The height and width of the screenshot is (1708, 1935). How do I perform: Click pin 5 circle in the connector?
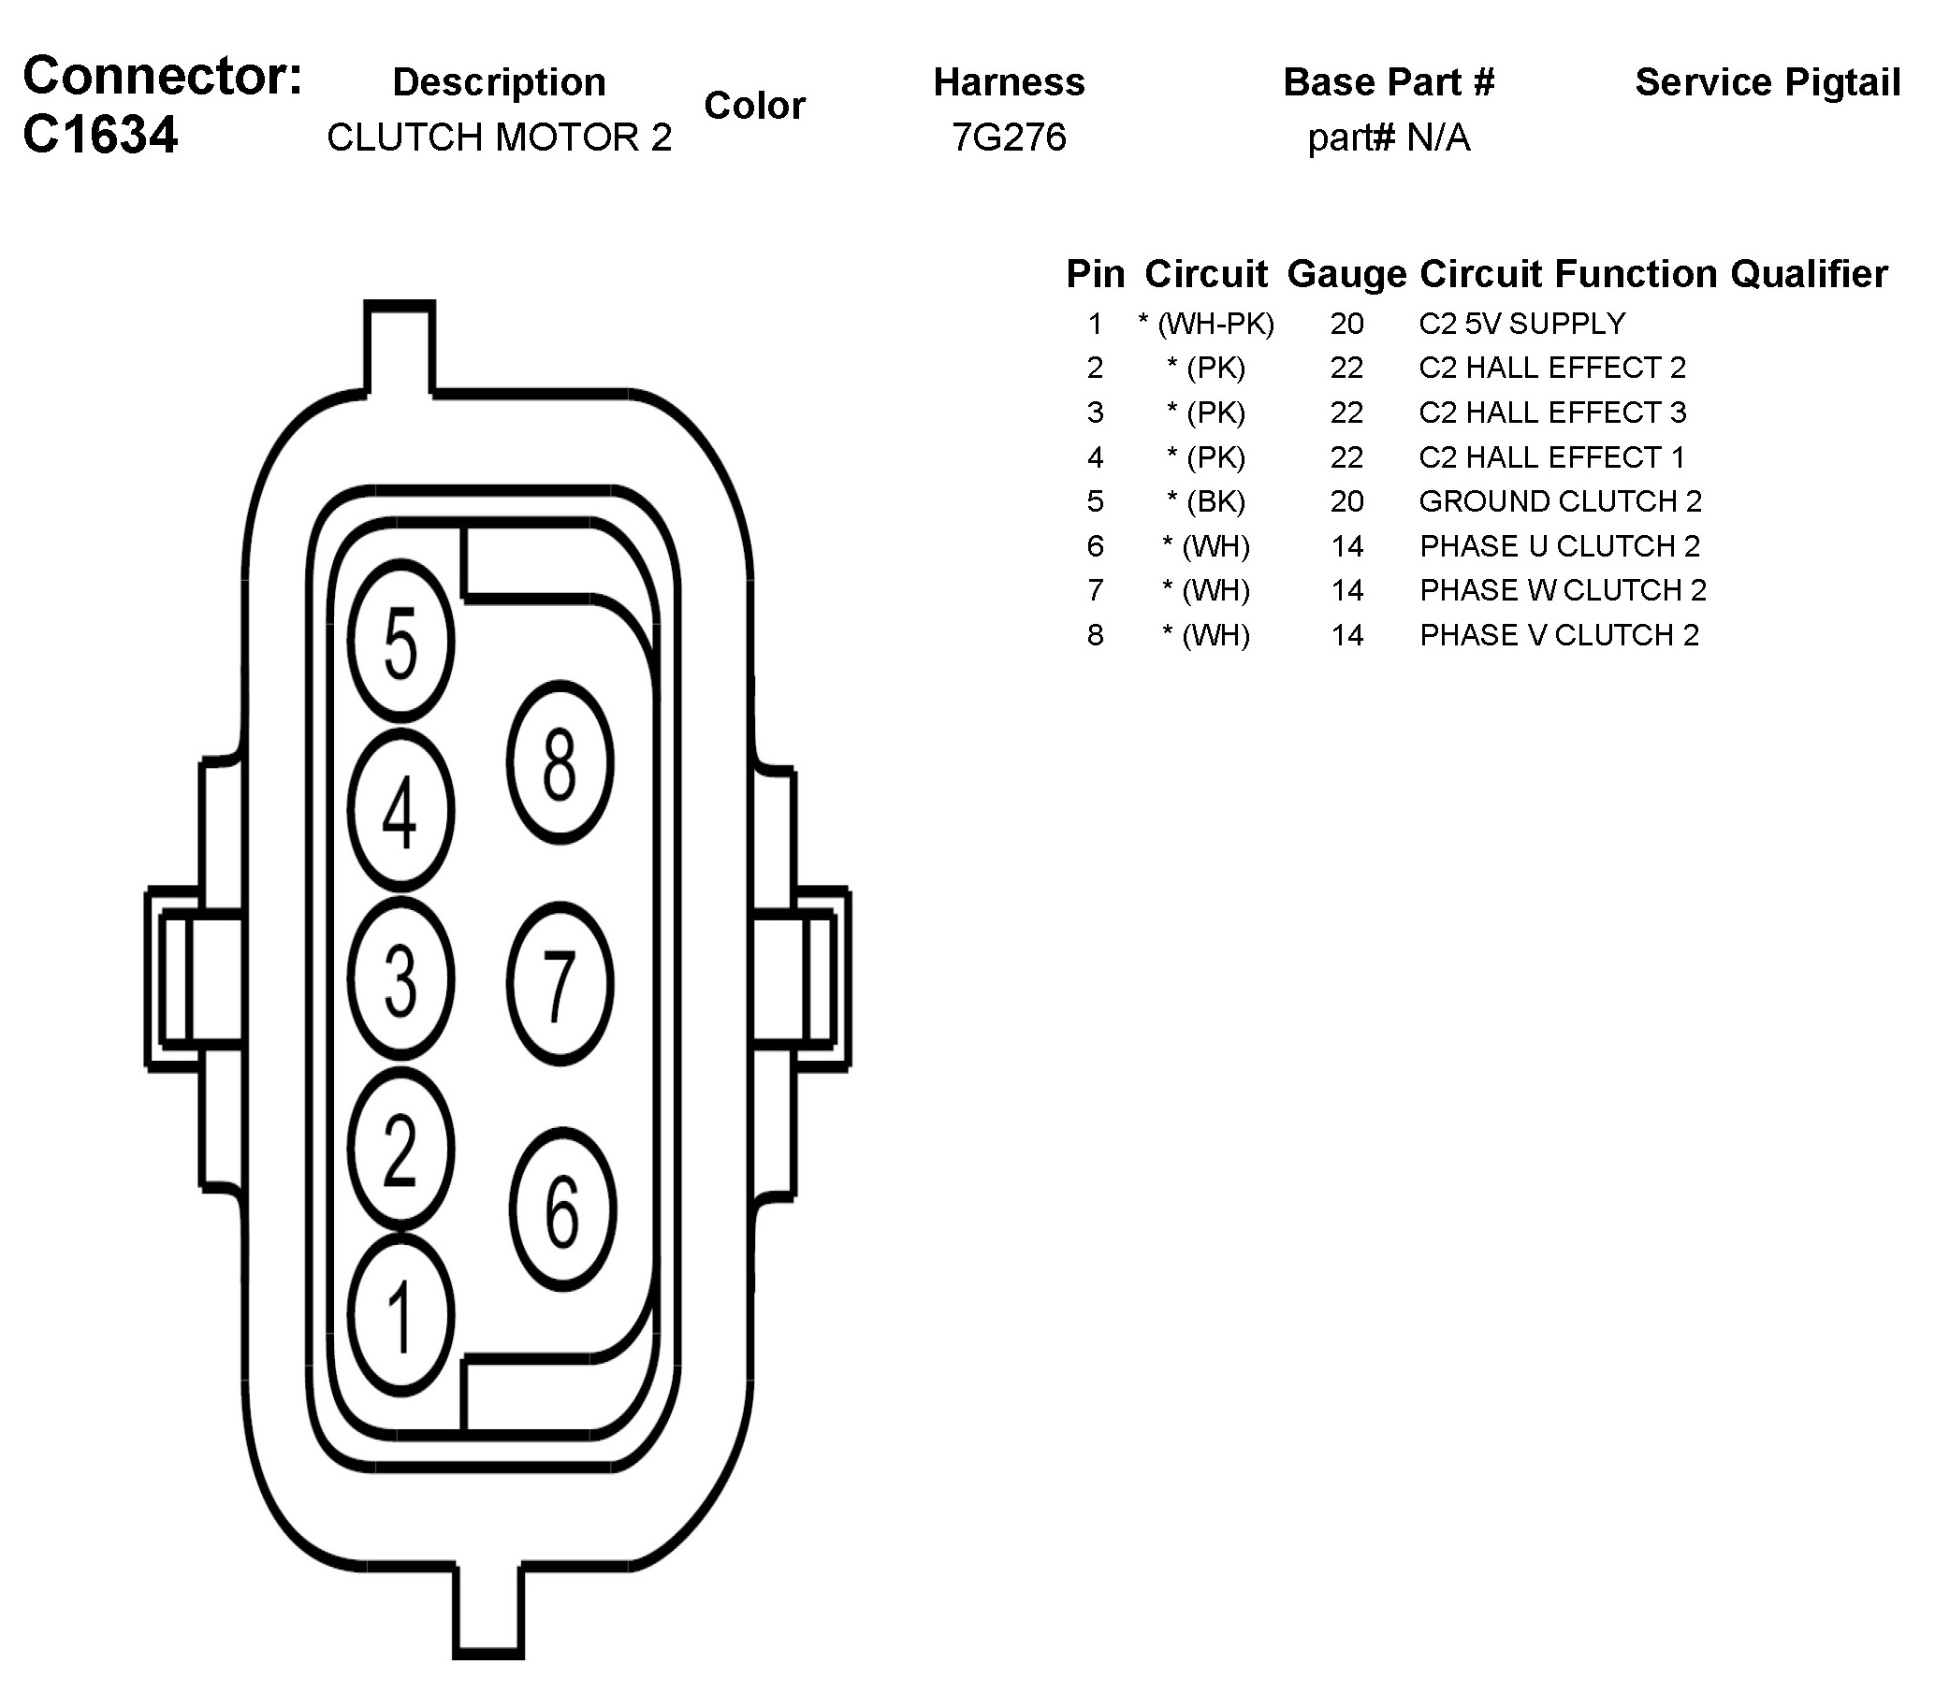[x=400, y=642]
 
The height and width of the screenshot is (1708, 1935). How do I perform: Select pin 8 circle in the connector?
[x=560, y=761]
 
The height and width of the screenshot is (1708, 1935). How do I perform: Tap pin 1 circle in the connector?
[x=400, y=1315]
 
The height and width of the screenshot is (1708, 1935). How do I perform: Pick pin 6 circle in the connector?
[x=562, y=1209]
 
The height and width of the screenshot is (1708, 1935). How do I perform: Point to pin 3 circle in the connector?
[x=400, y=978]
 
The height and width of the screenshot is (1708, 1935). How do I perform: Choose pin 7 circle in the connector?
[x=560, y=984]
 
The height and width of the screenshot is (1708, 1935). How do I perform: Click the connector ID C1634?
[x=100, y=135]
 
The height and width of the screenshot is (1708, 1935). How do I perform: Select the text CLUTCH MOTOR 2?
[x=499, y=138]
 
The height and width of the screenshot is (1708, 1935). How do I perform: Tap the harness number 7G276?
[x=1010, y=138]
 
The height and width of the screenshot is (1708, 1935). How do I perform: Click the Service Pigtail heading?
[x=1768, y=83]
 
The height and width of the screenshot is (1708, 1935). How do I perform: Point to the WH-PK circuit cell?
[x=1206, y=324]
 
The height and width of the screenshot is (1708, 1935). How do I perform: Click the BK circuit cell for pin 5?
[x=1206, y=501]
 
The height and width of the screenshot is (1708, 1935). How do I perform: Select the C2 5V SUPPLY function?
[x=1521, y=324]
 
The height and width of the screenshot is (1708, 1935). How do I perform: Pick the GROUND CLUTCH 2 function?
[x=1560, y=501]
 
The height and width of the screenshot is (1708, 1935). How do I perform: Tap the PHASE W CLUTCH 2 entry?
[x=1562, y=590]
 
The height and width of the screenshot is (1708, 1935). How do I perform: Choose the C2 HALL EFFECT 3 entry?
[x=1552, y=413]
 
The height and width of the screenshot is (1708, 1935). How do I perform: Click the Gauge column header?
[x=1346, y=274]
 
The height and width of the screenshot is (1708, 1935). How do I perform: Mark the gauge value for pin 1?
[x=1346, y=324]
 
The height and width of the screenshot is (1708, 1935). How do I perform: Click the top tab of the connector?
[x=400, y=345]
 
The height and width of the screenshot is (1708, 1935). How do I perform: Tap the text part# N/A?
[x=1388, y=138]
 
